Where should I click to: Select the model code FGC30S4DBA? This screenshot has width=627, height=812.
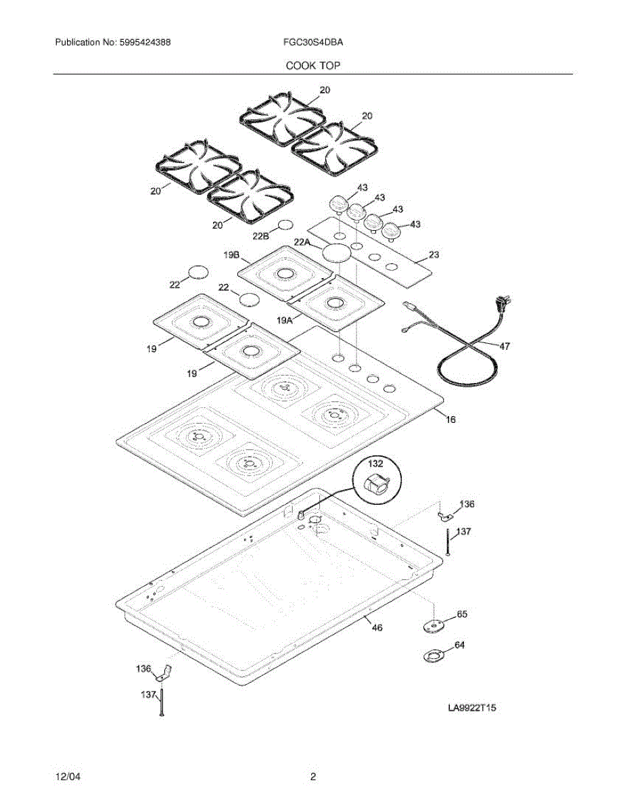[313, 42]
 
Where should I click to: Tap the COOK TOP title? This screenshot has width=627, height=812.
[312, 66]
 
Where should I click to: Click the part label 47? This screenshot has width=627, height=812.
[505, 346]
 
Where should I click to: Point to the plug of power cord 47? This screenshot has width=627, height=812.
[503, 304]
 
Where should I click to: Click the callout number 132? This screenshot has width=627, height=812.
[375, 464]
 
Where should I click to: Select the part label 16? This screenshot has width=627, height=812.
[450, 420]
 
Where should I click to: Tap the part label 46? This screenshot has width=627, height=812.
[377, 628]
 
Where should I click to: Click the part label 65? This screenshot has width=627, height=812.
[462, 614]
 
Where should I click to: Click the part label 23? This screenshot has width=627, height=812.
[434, 255]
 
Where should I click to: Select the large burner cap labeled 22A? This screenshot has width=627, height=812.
[338, 253]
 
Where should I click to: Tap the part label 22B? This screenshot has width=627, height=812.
[261, 235]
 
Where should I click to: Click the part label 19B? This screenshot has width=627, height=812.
[231, 255]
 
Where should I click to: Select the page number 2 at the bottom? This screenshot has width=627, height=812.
[312, 777]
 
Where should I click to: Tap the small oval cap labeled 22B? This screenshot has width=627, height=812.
[286, 225]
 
